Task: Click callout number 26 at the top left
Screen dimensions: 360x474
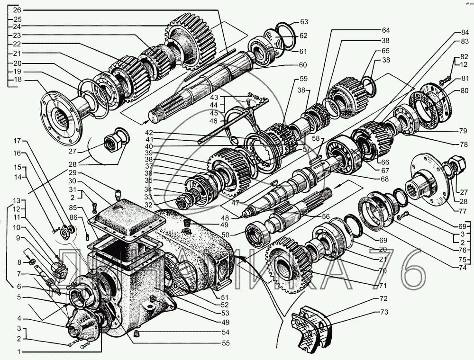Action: [17, 10]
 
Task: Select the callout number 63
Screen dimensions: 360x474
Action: [304, 22]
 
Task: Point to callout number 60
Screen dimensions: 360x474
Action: [302, 65]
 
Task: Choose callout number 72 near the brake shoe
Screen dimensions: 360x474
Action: [383, 299]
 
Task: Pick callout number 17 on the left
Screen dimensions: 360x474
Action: [17, 141]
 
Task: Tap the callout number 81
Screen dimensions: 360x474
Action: [458, 79]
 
